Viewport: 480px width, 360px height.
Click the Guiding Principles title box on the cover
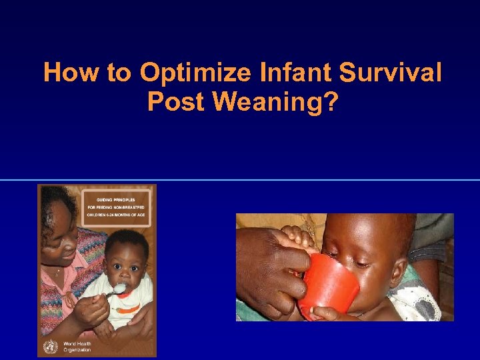117,207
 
